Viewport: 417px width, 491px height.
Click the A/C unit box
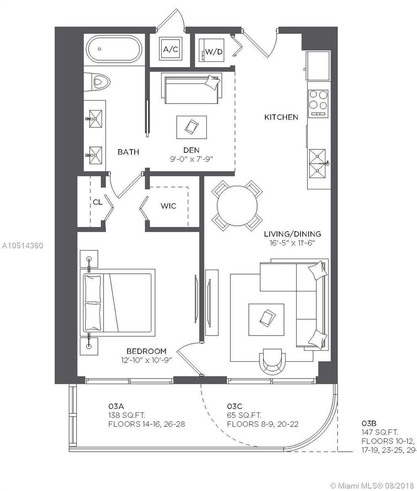(171, 50)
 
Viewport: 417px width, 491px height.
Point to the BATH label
(128, 152)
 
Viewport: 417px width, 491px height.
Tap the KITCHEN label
(281, 117)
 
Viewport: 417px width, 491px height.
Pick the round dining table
(237, 205)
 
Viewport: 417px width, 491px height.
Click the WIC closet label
(168, 206)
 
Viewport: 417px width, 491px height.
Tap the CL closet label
(97, 202)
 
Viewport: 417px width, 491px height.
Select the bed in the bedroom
(119, 302)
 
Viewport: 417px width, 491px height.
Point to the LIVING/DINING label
(292, 234)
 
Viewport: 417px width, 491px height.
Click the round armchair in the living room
(273, 360)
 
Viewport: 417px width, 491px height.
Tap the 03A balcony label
(116, 406)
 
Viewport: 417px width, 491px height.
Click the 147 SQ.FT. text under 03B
(380, 432)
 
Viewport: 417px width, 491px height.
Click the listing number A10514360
(23, 246)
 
